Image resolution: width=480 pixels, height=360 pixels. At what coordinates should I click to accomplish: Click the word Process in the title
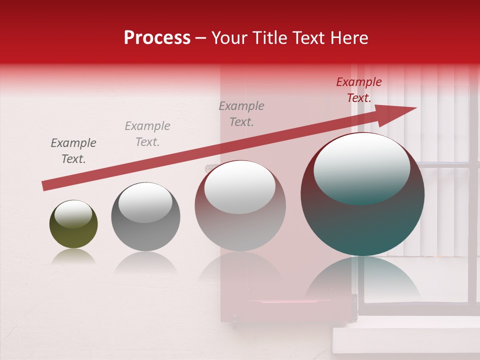point(157,38)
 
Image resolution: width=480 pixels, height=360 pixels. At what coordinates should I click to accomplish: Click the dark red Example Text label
point(358,90)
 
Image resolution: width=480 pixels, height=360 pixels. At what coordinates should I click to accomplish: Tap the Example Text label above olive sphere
point(73,151)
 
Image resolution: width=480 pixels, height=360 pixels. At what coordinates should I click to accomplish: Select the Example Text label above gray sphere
point(147,134)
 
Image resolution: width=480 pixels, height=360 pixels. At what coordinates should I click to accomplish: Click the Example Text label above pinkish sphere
point(241,114)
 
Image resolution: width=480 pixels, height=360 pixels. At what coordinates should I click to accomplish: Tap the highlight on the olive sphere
point(73,214)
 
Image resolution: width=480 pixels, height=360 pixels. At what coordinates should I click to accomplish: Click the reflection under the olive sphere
point(73,256)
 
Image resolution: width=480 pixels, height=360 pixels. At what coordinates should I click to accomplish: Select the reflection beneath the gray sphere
point(145,262)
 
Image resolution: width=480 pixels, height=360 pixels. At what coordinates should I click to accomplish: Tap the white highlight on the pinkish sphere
point(240,187)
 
